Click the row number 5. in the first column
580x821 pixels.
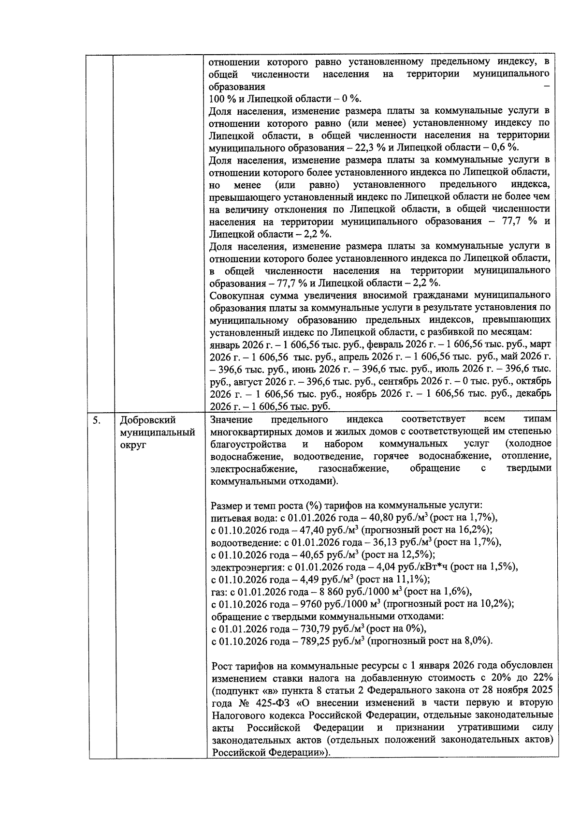point(97,420)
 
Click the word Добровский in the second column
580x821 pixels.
point(147,420)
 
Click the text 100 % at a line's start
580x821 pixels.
point(220,99)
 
